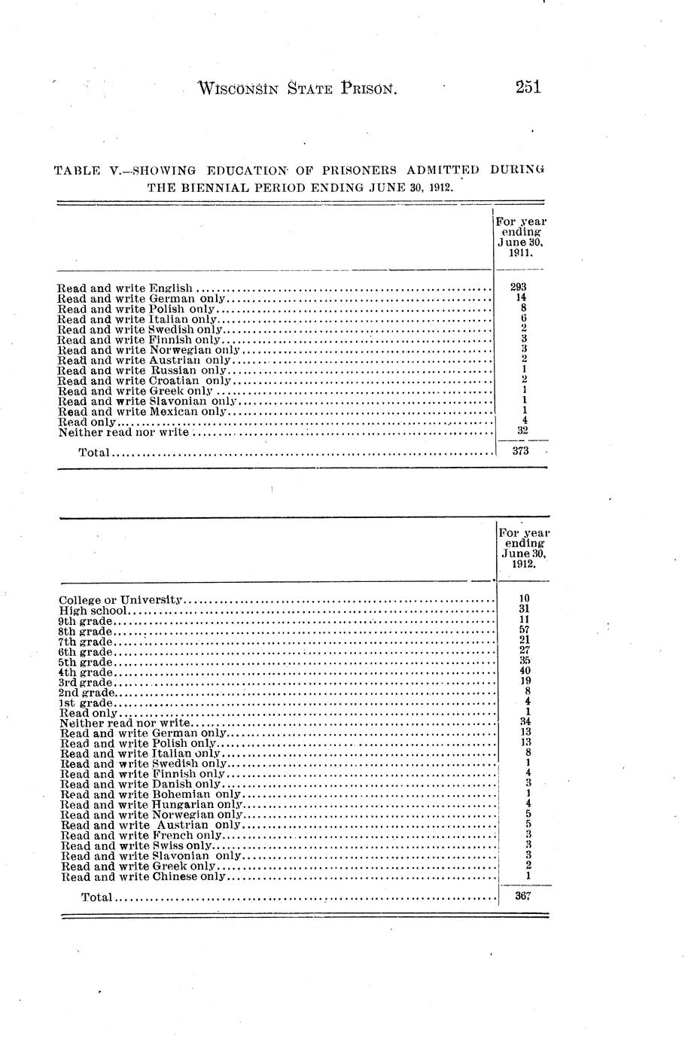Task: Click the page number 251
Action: (528, 87)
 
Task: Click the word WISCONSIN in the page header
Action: (236, 89)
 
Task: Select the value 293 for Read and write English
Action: (518, 288)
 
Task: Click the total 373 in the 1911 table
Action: (519, 452)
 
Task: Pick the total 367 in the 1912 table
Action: (524, 897)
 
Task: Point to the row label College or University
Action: (121, 600)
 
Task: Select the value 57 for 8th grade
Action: (525, 630)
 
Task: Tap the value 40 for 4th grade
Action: (525, 671)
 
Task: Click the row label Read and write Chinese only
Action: (144, 877)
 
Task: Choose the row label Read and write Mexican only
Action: (142, 412)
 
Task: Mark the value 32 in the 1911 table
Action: (522, 431)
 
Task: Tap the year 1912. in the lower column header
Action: (524, 564)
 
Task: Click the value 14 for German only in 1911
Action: (519, 298)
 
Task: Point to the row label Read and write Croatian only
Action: (143, 381)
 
